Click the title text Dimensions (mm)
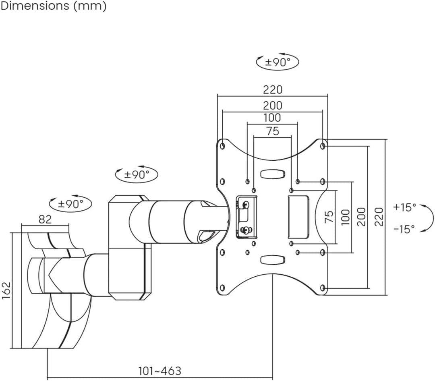[x=54, y=6]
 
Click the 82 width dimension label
[x=45, y=219]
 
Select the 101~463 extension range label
[x=160, y=371]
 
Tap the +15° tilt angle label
[x=404, y=207]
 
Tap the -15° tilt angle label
[x=404, y=229]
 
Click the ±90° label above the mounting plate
[x=278, y=62]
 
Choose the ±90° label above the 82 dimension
[x=70, y=204]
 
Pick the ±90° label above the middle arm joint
[x=137, y=174]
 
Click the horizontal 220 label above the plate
[x=273, y=90]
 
